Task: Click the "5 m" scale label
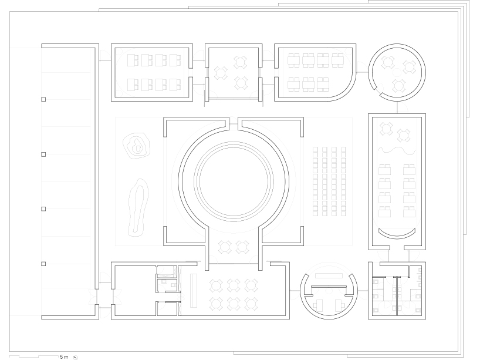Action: tap(64, 356)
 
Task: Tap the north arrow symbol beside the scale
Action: tap(76, 356)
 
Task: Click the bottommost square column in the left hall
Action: tap(43, 263)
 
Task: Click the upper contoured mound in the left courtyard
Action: tap(137, 147)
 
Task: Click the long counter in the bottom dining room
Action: tap(193, 291)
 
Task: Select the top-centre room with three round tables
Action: tap(232, 72)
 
